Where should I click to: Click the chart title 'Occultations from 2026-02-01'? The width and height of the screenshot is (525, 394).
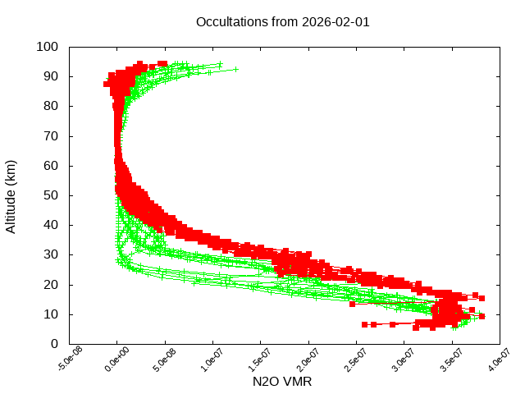click(x=282, y=22)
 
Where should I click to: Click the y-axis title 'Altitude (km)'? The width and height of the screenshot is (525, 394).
click(x=11, y=195)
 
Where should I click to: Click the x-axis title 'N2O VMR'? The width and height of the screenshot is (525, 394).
click(x=282, y=382)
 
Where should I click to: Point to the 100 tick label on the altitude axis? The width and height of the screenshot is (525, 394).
click(x=47, y=47)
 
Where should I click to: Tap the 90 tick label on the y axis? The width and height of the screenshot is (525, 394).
click(x=50, y=76)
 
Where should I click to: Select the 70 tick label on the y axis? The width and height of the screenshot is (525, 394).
click(x=50, y=135)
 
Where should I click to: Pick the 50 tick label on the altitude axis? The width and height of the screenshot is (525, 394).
click(x=50, y=195)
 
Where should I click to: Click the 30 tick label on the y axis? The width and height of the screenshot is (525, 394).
click(x=50, y=254)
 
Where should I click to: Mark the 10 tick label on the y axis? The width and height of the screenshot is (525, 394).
click(x=50, y=314)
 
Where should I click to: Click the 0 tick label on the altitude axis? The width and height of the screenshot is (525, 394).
click(x=53, y=343)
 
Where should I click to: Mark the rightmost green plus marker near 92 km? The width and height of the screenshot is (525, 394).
click(x=236, y=69)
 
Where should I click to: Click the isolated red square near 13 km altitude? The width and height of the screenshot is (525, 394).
click(x=353, y=304)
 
